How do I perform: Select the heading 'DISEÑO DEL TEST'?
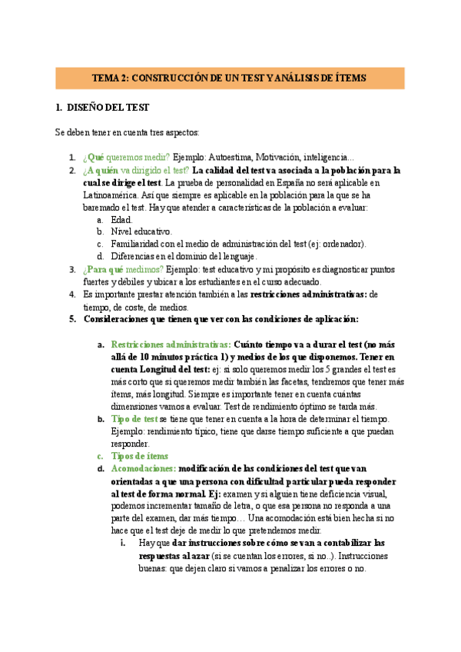[108, 108]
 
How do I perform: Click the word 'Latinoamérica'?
[115, 195]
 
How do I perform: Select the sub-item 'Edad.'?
[121, 220]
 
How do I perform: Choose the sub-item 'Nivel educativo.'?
[142, 231]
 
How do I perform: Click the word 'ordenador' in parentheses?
[343, 244]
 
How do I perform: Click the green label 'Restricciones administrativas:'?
[171, 344]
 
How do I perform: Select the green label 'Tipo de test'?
[134, 419]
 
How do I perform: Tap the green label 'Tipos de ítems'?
[141, 456]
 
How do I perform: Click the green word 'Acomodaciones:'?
[144, 468]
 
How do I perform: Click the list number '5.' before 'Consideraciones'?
[72, 318]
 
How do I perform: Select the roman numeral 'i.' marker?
[124, 543]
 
